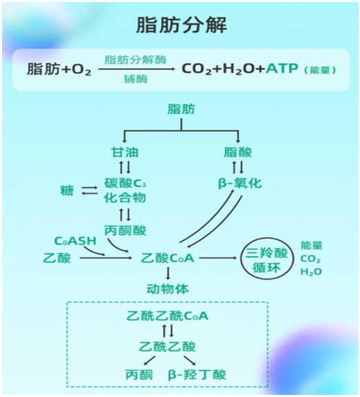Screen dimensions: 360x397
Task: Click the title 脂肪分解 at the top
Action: pos(181,25)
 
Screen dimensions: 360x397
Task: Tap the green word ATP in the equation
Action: pos(282,68)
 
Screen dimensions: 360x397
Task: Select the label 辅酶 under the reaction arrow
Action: pos(136,80)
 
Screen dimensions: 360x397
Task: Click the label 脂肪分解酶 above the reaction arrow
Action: pos(136,60)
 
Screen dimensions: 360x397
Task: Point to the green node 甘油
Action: pos(125,152)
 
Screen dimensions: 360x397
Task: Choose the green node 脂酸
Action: pos(237,152)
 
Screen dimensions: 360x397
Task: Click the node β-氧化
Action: pos(240,183)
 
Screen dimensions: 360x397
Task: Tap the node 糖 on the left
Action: pos(67,190)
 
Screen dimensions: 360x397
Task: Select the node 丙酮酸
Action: pos(125,230)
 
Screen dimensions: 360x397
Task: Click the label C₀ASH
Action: pos(75,241)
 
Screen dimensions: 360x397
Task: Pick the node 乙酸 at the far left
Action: pos(57,258)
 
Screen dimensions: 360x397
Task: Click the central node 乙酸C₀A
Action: pos(168,258)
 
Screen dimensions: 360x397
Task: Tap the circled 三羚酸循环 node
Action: pos(267,259)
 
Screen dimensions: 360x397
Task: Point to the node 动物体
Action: pos(168,289)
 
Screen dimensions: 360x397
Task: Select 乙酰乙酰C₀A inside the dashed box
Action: pos(168,316)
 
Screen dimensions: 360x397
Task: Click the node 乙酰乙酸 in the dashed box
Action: pos(168,347)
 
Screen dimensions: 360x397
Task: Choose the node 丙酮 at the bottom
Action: pos(139,374)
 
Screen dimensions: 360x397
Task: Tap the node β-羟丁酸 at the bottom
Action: pos(197,374)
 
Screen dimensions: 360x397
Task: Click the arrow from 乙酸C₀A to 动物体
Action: pos(168,273)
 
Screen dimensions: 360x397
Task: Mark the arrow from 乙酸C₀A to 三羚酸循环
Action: pos(218,258)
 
